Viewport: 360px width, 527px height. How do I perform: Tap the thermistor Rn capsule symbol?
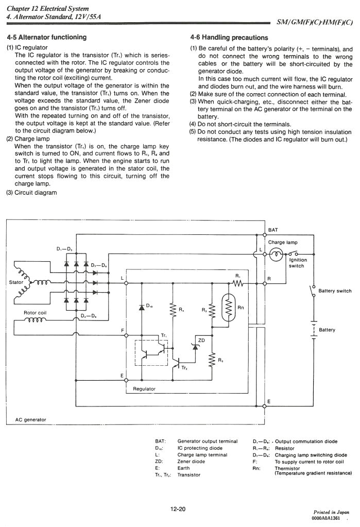click(x=227, y=308)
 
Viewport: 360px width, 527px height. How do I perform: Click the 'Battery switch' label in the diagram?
click(x=335, y=291)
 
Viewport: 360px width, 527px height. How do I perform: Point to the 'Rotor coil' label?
click(x=36, y=313)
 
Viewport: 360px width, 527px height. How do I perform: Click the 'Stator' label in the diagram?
click(x=16, y=282)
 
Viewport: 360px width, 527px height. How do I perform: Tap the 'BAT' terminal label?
click(x=273, y=230)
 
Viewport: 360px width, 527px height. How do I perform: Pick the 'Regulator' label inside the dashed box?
click(x=144, y=389)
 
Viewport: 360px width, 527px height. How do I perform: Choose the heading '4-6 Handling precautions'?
click(x=229, y=38)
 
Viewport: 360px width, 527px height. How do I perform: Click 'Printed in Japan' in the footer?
click(x=332, y=513)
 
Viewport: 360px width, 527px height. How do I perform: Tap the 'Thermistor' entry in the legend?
click(x=288, y=468)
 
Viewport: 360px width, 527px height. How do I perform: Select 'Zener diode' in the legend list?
click(x=191, y=462)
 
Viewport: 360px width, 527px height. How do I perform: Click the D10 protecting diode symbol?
click(x=142, y=308)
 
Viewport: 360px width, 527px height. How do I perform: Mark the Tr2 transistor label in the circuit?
click(x=184, y=368)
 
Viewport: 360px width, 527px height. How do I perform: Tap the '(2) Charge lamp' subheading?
click(x=28, y=139)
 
